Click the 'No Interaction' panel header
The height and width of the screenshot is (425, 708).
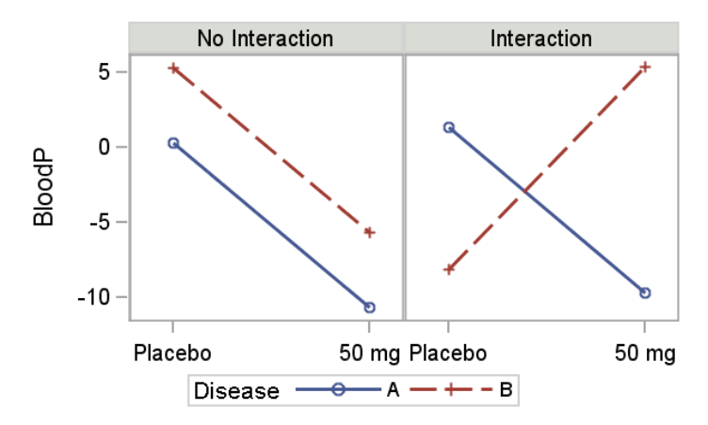point(265,39)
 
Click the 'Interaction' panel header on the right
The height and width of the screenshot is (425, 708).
point(540,39)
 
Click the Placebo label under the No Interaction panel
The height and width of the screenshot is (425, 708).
point(172,354)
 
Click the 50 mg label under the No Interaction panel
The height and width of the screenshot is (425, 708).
point(368,354)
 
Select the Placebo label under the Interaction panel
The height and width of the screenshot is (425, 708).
point(447,354)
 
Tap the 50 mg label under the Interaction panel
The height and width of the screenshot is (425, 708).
point(645,354)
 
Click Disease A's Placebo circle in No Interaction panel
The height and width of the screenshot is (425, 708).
point(173,143)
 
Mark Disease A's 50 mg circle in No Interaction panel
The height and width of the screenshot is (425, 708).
point(369,307)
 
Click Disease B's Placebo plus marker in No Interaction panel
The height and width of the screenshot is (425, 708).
point(173,69)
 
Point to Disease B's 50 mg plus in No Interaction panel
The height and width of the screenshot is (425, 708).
point(369,232)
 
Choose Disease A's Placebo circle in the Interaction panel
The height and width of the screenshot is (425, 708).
point(449,127)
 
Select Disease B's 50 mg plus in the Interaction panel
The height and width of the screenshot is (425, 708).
point(645,67)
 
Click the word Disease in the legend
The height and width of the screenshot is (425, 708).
point(236,390)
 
